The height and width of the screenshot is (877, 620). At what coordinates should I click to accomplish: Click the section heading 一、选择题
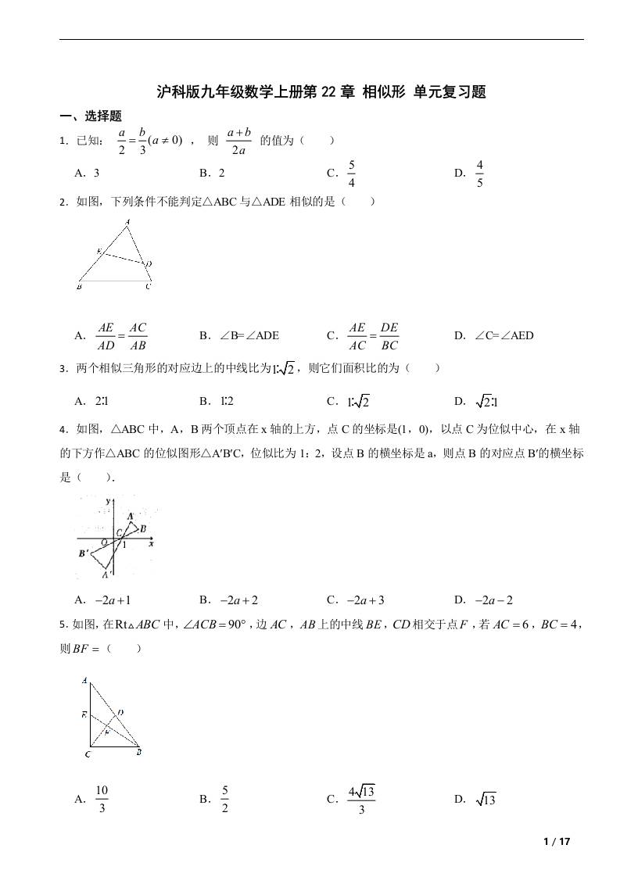point(91,116)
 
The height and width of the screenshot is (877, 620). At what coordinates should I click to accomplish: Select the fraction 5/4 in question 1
point(352,174)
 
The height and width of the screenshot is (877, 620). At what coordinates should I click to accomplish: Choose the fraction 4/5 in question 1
point(479,174)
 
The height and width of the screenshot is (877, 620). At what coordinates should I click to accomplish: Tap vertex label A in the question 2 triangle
point(127,223)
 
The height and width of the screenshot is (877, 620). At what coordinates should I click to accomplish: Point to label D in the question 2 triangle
point(149,263)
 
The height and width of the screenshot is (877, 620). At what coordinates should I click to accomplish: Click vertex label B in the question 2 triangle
point(80,288)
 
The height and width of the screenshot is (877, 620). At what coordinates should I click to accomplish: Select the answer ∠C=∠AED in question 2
point(504,335)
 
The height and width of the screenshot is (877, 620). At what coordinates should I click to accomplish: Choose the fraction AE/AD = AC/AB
point(121,335)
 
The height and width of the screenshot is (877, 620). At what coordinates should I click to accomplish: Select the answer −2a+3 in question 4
point(366,600)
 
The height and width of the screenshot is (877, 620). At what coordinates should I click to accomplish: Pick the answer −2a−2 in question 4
point(493,600)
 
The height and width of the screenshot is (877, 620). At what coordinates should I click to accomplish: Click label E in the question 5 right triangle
point(84,714)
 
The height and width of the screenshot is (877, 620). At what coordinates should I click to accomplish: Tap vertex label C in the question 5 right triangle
point(87,755)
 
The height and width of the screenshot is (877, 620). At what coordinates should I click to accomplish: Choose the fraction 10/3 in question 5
point(102,799)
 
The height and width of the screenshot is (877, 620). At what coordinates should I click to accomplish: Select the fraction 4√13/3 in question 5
point(361,799)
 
